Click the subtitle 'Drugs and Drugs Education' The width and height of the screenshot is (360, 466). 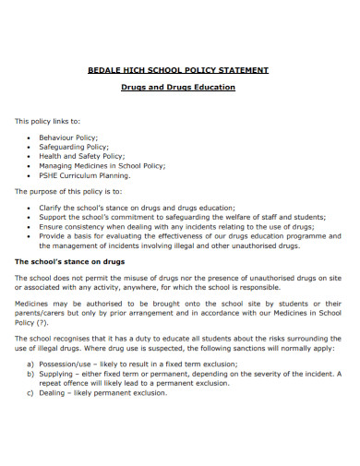[179, 88]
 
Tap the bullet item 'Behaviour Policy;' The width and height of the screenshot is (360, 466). [68, 137]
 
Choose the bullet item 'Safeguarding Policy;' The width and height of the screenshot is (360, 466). [74, 147]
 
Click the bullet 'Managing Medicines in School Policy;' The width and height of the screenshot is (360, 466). [102, 165]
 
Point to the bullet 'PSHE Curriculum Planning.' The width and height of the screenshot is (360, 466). [85, 174]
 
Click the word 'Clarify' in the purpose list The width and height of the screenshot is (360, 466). [52, 209]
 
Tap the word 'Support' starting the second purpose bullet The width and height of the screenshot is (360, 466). [54, 218]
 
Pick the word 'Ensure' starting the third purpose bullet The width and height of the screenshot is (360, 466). [52, 227]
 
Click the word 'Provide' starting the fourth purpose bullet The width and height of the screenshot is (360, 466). [54, 236]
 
